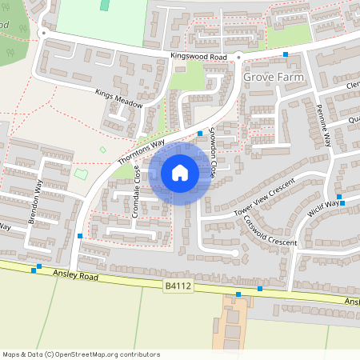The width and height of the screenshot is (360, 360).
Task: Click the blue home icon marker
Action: [180, 173]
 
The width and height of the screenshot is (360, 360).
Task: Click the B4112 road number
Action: [178, 284]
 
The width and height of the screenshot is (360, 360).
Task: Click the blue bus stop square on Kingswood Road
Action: [286, 54]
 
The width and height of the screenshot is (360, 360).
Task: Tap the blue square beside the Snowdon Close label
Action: [200, 133]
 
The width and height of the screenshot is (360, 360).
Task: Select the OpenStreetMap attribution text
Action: [81, 354]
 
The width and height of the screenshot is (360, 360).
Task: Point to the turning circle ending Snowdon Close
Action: [234, 253]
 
